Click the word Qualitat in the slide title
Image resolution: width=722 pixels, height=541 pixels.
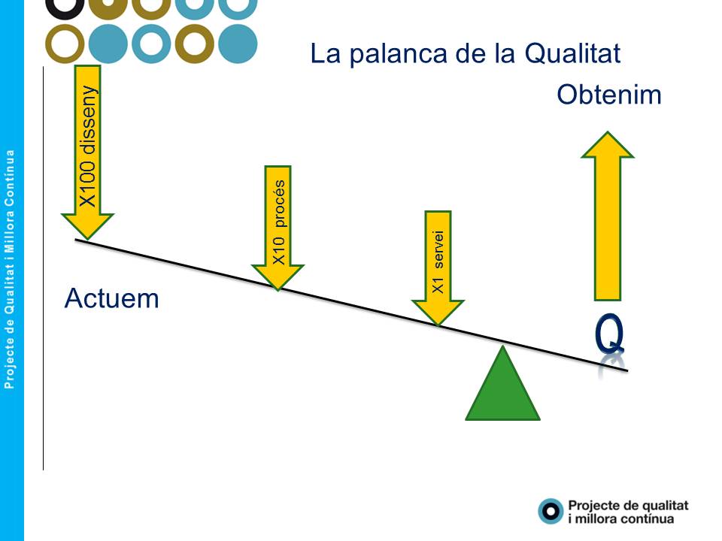tap(572, 53)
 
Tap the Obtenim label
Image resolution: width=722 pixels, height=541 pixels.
tap(608, 95)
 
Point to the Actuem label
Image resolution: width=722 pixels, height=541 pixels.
tap(112, 298)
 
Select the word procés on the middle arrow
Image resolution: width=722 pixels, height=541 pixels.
tap(279, 204)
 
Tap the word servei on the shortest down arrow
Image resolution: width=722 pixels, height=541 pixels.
tap(438, 249)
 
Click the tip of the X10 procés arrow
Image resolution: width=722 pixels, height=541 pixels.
tap(278, 290)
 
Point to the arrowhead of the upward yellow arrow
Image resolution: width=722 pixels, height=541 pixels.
tap(608, 144)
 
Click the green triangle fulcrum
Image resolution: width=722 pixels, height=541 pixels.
tap(503, 386)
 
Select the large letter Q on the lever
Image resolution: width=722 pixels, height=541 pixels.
tap(609, 334)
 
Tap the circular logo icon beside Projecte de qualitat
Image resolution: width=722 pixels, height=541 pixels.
tap(551, 511)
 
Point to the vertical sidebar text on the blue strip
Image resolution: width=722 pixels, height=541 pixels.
tap(9, 269)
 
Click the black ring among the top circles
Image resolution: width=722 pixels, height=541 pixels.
tap(65, 8)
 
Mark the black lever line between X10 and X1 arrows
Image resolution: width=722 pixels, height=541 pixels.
tap(358, 307)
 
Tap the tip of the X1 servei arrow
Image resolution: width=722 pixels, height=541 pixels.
tap(438, 325)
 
